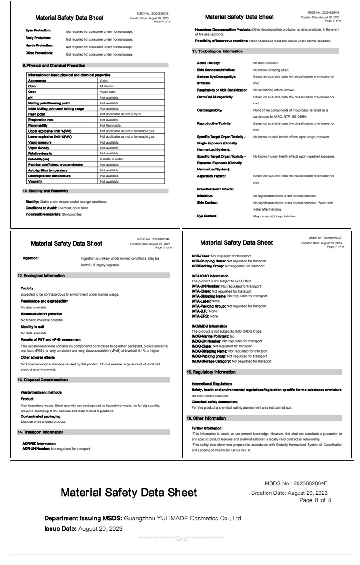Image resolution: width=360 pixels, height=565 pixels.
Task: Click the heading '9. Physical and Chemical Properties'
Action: pos(53,65)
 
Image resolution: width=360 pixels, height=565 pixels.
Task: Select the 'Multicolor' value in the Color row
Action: pos(107,86)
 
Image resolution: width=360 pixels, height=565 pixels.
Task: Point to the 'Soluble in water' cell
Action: pos(111,159)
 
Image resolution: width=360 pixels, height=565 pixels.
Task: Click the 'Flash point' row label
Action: pos(36,114)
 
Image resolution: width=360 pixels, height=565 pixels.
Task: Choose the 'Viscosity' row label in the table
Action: pos(36,181)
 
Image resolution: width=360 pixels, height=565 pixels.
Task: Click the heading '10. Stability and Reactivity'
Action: pos(46,191)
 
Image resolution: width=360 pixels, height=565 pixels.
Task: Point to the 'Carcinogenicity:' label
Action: pos(210,110)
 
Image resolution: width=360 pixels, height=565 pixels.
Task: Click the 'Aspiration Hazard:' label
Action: pos(211,176)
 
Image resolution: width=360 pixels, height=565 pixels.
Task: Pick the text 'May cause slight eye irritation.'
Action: pos(275,216)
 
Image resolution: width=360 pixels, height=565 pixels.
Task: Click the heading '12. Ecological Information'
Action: pos(41,276)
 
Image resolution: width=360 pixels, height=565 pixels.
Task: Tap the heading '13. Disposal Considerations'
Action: pos(43,380)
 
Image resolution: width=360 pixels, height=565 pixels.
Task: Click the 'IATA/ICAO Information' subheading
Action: pos(210,276)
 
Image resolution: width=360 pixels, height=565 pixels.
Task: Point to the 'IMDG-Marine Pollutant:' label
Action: pos(210,336)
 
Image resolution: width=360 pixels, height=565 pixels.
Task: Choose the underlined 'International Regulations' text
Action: pos(212,384)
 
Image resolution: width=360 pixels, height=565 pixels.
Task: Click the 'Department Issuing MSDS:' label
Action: pos(83,518)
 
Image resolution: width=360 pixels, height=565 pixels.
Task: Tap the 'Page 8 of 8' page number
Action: pos(315,500)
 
